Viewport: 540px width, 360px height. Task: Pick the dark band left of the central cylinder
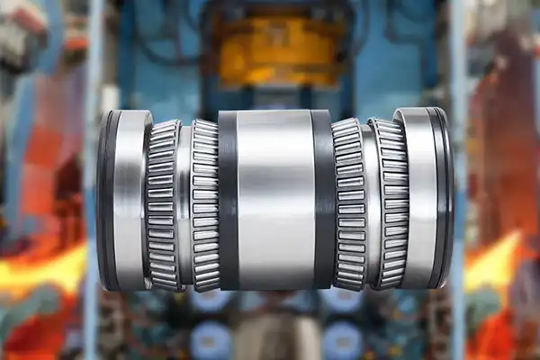tap(228, 200)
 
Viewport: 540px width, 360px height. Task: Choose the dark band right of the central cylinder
tap(323, 200)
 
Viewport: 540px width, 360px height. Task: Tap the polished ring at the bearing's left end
tap(131, 200)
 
